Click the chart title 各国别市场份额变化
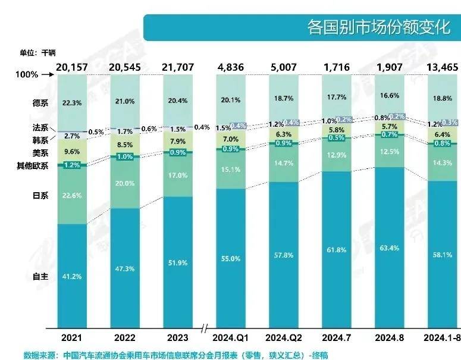click(379, 27)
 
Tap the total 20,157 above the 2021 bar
click(72, 67)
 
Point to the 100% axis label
click(26, 75)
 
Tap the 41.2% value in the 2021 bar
click(72, 277)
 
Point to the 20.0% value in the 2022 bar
click(125, 184)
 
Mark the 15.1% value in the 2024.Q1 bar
click(230, 169)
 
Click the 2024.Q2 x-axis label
click(283, 337)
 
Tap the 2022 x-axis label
click(125, 337)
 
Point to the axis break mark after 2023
click(205, 328)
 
